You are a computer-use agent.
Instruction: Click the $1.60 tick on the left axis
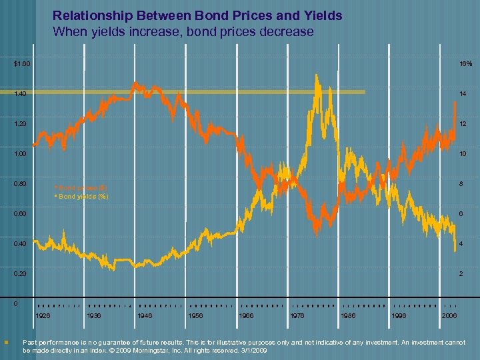coord(21,64)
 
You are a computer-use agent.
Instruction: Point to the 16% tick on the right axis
coord(465,64)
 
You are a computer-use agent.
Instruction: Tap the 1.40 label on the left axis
coord(21,94)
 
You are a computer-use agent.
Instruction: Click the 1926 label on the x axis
coord(43,315)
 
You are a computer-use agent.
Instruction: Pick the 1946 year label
coord(145,315)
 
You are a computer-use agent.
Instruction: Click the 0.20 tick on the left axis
coord(21,274)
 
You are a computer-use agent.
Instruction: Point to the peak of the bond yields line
coord(316,75)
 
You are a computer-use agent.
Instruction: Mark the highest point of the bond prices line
coord(135,83)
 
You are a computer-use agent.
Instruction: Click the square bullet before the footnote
coord(6,343)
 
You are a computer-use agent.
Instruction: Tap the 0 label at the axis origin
coord(16,303)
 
